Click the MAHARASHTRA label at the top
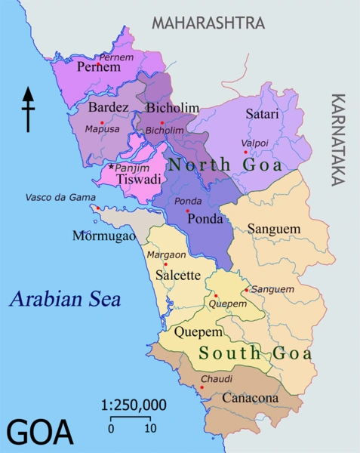[208, 23]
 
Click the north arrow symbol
[29, 109]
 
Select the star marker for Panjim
[112, 166]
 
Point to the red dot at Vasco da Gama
[97, 208]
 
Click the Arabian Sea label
[65, 299]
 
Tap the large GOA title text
[39, 433]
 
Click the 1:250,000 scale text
[134, 405]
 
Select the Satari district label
[262, 114]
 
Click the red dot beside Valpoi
[245, 153]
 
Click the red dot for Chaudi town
[202, 388]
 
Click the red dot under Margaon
[165, 264]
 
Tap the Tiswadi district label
[134, 180]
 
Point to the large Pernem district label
[99, 67]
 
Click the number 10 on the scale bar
[150, 428]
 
